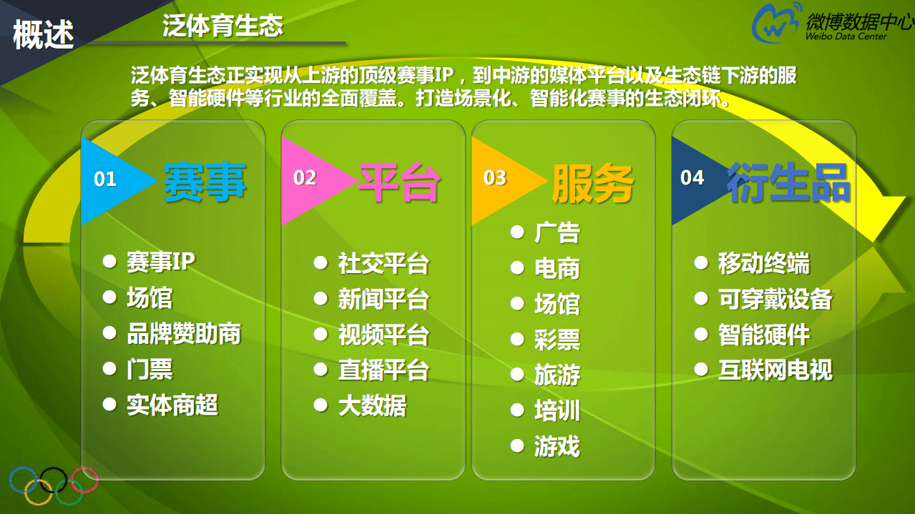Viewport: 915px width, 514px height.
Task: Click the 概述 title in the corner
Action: coord(44,34)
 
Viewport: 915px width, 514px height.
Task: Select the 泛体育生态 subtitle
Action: coord(222,26)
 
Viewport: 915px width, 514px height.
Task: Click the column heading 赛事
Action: coord(205,181)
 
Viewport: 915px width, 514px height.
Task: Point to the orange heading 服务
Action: coord(592,183)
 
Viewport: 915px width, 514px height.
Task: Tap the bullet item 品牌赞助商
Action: coord(183,334)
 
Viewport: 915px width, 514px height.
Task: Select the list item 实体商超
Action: coord(172,405)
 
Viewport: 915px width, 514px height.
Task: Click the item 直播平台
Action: coord(383,370)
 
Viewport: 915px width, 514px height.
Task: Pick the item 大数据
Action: coord(371,406)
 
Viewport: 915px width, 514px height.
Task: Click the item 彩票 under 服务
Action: coord(557,340)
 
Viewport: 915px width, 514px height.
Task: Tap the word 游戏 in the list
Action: coord(557,447)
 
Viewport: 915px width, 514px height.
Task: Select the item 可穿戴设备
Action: coord(775,299)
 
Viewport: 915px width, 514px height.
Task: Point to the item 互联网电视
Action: coord(775,370)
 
